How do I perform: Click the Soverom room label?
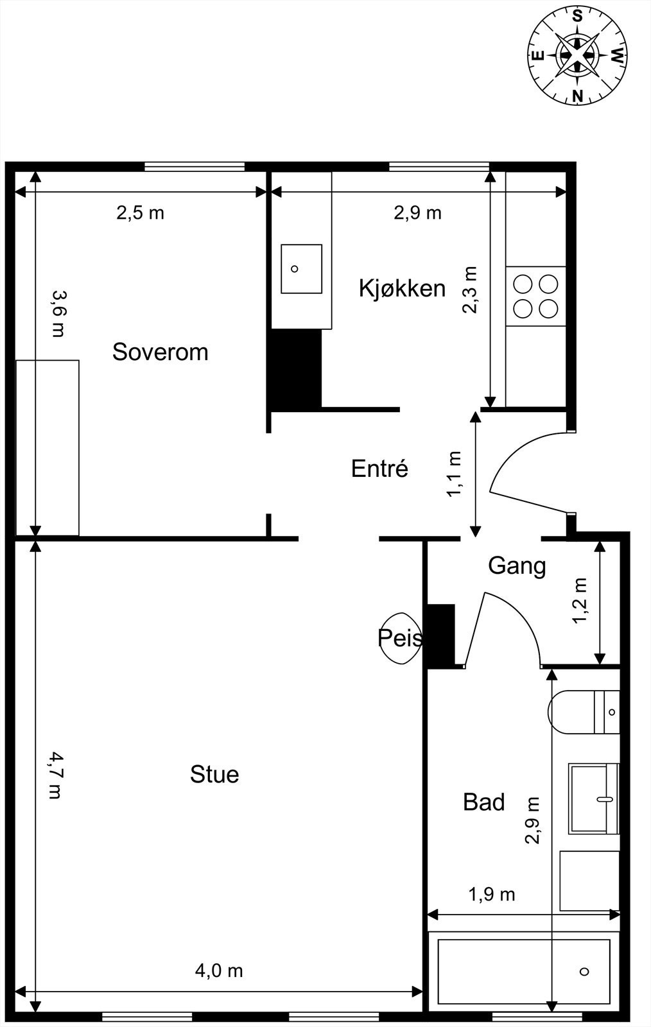(160, 352)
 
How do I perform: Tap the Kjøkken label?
(402, 289)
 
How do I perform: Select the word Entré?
(379, 469)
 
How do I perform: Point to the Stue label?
(214, 774)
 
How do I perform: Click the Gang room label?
(517, 566)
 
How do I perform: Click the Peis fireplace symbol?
(400, 638)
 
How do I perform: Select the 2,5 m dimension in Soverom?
(140, 212)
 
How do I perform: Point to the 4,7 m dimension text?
(55, 775)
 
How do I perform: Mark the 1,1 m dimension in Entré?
(455, 474)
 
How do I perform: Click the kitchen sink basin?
(301, 269)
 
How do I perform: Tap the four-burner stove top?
(535, 297)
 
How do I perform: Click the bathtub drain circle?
(584, 972)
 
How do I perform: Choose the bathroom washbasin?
(594, 798)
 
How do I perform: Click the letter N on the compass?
(578, 96)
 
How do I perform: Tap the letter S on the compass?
(578, 16)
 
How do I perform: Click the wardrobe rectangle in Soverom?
(48, 448)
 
